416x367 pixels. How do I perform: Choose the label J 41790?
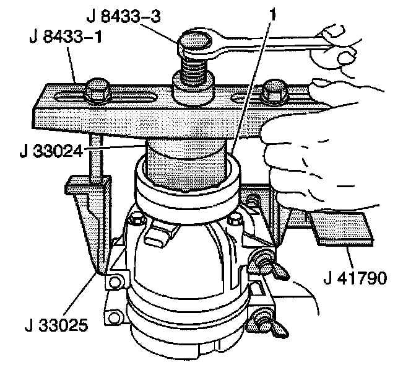tap(353, 277)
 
